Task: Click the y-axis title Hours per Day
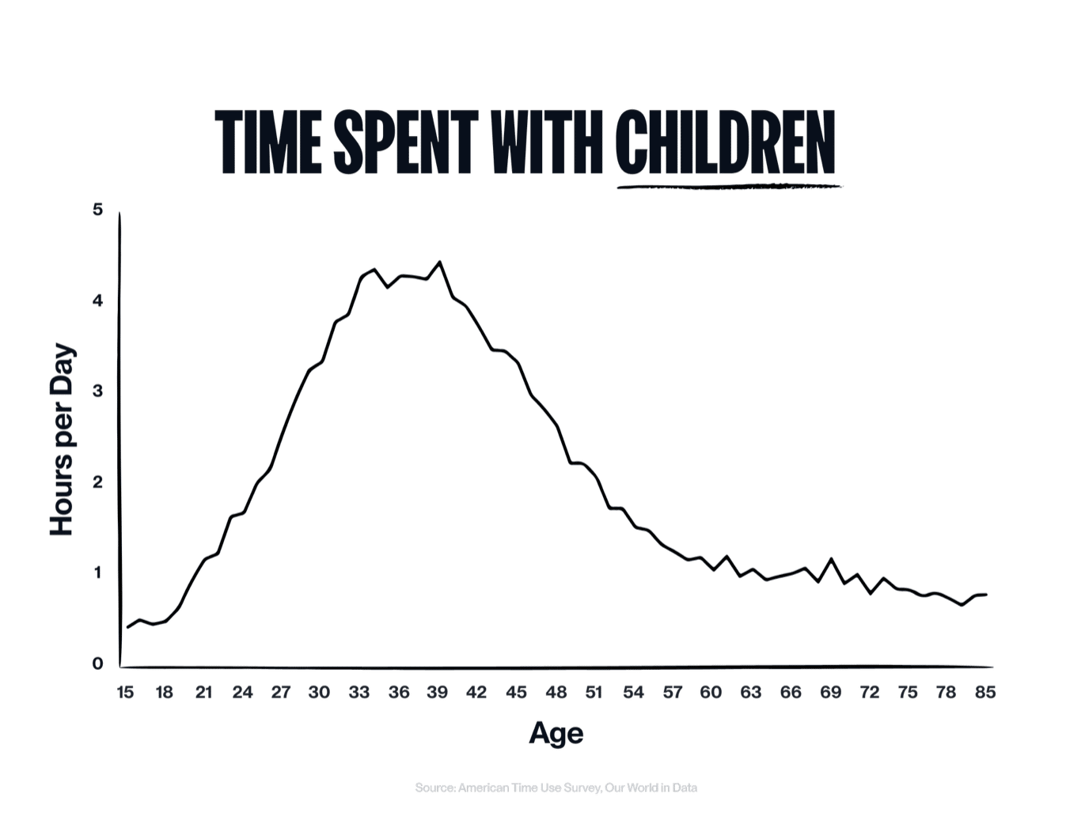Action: [x=62, y=440]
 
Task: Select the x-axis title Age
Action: [x=556, y=733]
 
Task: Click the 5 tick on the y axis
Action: [x=97, y=210]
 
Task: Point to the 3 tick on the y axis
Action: [x=97, y=391]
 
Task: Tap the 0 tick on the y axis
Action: [x=97, y=664]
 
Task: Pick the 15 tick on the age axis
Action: [x=125, y=693]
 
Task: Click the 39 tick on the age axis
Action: [x=438, y=693]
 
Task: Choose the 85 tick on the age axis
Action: [x=985, y=693]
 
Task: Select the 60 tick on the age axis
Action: [x=711, y=693]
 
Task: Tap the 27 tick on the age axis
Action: [x=281, y=693]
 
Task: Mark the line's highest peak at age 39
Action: [x=440, y=262]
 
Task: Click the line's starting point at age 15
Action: [x=127, y=627]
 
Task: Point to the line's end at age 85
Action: [x=986, y=594]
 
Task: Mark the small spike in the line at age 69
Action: [x=831, y=559]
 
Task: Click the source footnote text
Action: [x=556, y=788]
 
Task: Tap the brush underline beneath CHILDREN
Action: [x=728, y=187]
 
